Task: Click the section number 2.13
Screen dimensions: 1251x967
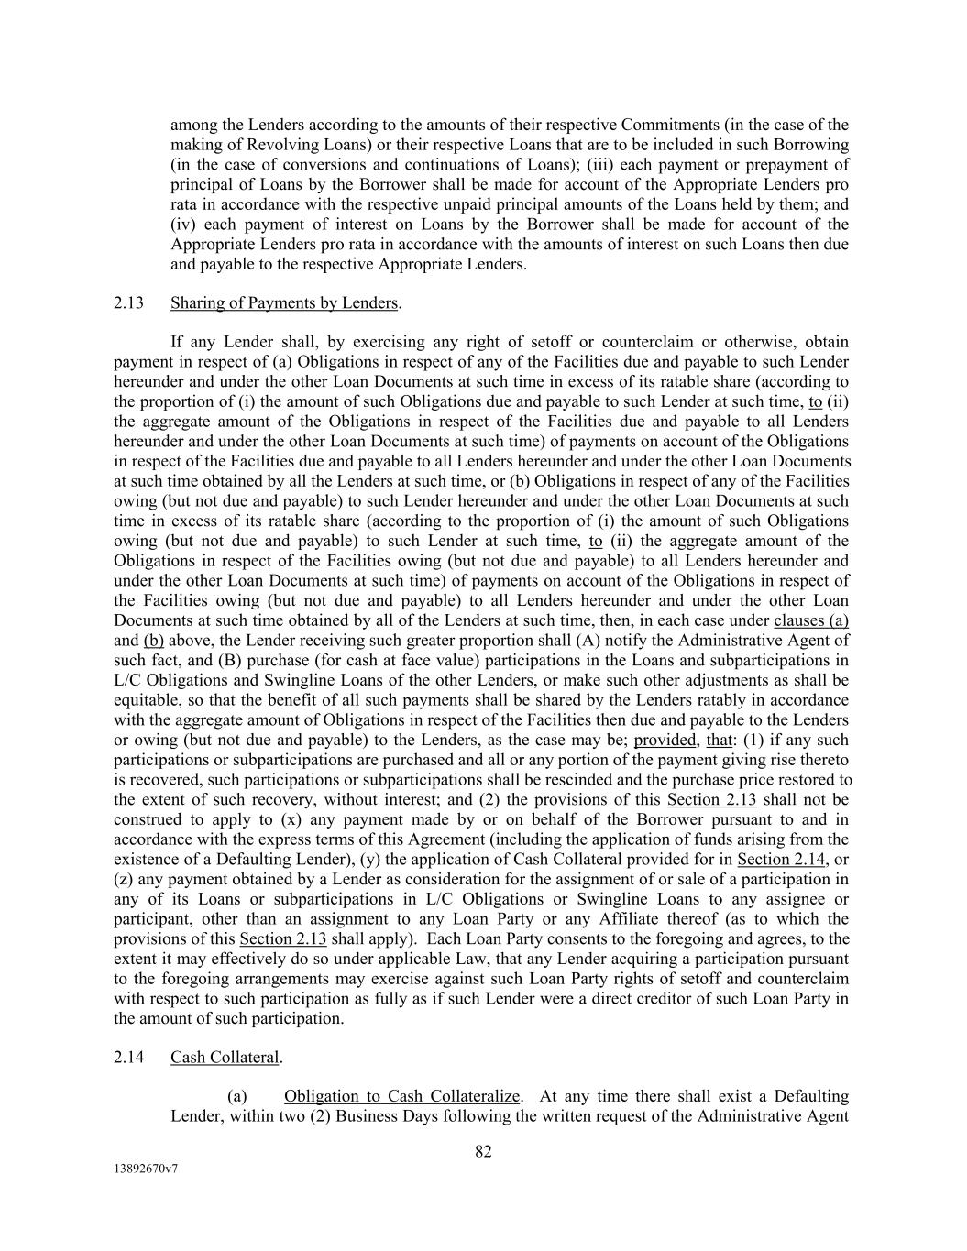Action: [129, 303]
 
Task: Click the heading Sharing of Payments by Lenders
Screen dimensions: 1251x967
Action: [284, 303]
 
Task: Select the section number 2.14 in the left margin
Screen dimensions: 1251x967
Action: [129, 1058]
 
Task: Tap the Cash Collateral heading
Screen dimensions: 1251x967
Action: [225, 1058]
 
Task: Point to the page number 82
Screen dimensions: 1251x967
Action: [483, 1152]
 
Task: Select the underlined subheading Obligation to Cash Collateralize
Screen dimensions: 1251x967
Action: [402, 1097]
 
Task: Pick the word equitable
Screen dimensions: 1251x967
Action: [144, 700]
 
